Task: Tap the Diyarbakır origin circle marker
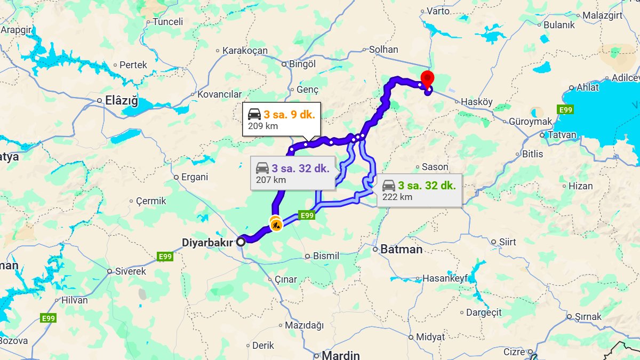[241, 242]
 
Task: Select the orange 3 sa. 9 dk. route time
[289, 114]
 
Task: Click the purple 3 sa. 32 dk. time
[300, 169]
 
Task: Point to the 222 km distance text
[397, 197]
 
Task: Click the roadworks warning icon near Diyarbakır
[276, 225]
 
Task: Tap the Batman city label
[401, 249]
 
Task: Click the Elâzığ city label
[121, 100]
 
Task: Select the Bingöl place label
[302, 64]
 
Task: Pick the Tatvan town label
[562, 135]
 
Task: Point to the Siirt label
[507, 242]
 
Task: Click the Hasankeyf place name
[445, 278]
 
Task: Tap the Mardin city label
[340, 355]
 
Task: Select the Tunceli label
[167, 22]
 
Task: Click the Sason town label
[435, 167]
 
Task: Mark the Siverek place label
[131, 271]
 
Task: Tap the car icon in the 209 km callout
[254, 114]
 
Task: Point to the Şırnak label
[588, 317]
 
